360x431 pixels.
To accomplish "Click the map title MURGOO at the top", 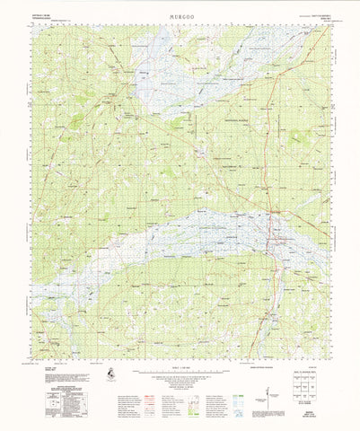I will coord(180,13).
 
